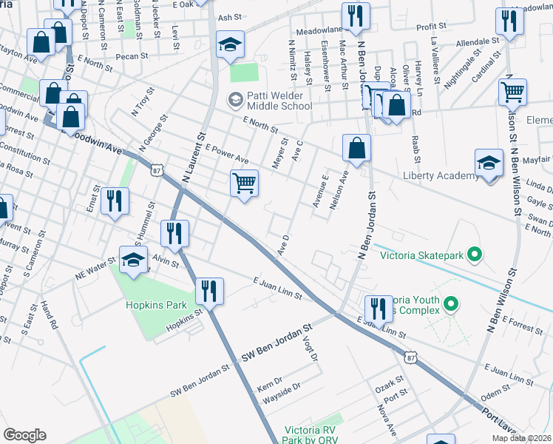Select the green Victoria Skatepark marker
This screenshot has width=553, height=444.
pyautogui.click(x=473, y=256)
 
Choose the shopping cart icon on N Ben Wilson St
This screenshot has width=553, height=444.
pyautogui.click(x=512, y=92)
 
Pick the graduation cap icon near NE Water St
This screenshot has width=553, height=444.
pyautogui.click(x=134, y=260)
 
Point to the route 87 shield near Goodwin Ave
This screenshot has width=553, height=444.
pyautogui.click(x=157, y=169)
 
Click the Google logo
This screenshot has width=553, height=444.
pyautogui.click(x=25, y=435)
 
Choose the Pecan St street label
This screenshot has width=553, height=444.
pyautogui.click(x=132, y=55)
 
